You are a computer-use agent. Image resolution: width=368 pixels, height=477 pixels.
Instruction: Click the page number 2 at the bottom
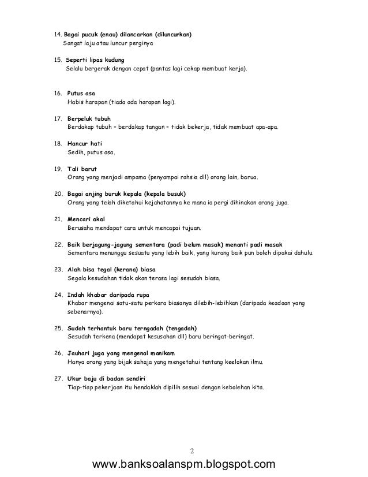(192, 450)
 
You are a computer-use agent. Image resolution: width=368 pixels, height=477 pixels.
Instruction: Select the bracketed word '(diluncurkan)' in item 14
(169, 35)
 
